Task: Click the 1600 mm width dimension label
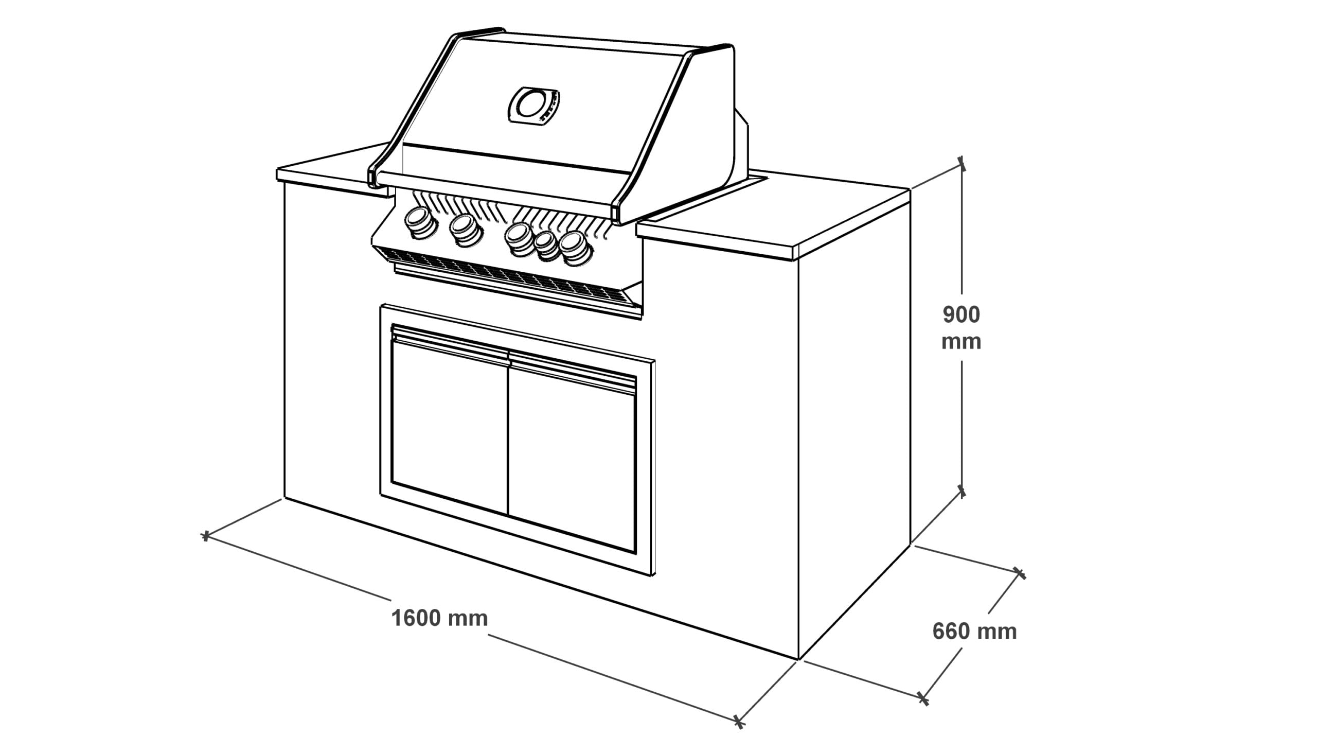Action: (439, 618)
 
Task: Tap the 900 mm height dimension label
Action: (961, 328)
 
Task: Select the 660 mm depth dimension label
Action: (974, 632)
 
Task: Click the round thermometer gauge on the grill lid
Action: (534, 105)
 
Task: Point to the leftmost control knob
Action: (421, 223)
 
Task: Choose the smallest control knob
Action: (547, 246)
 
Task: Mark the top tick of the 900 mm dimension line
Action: (962, 164)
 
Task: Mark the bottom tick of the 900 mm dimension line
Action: (962, 492)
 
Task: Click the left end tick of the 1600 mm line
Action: (206, 536)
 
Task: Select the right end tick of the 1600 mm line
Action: (740, 722)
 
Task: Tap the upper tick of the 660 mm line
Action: (1019, 572)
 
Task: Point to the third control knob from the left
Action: (519, 239)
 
